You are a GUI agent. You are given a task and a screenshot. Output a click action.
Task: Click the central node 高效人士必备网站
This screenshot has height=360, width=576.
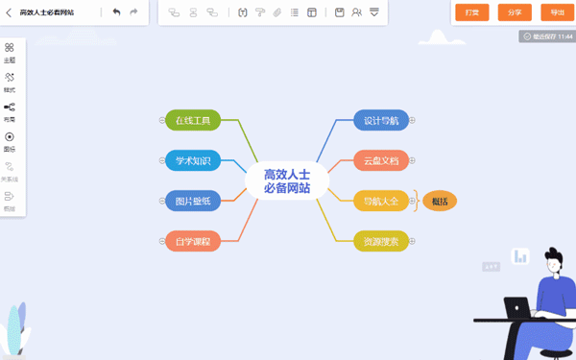287,180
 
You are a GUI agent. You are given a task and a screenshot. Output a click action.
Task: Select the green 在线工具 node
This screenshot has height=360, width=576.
193,120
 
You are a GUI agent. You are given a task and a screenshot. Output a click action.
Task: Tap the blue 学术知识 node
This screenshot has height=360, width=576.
193,160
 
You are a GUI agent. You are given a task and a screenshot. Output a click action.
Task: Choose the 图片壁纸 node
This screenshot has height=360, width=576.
193,201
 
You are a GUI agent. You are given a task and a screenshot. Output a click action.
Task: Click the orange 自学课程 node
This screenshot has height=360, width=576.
193,241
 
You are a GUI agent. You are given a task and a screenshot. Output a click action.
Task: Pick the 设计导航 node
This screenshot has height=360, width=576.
381,120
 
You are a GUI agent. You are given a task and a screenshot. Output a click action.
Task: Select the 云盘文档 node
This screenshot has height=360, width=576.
381,160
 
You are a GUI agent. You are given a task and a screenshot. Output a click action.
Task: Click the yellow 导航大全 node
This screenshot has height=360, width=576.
381,201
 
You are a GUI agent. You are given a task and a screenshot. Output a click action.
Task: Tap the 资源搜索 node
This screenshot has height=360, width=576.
381,241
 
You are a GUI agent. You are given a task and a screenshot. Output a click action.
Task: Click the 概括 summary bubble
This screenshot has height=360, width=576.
440,201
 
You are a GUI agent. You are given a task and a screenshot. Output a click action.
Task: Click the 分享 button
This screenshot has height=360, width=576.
515,12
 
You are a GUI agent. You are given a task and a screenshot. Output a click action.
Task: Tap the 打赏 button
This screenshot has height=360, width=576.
471,12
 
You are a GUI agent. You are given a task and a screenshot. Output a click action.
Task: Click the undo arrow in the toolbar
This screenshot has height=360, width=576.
116,12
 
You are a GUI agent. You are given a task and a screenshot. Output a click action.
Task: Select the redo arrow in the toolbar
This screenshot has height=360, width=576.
133,12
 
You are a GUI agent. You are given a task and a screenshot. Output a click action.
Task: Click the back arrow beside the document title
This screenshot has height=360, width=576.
9,12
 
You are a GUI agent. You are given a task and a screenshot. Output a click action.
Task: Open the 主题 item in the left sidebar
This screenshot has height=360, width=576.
10,52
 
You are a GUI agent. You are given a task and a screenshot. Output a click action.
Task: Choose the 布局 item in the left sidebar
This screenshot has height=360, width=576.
10,111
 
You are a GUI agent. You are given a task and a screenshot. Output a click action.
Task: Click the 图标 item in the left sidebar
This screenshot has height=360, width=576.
10,141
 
